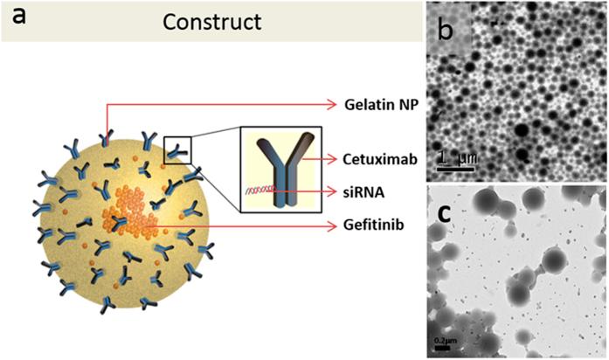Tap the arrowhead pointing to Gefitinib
tap(332, 226)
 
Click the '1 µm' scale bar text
tap(454, 157)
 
